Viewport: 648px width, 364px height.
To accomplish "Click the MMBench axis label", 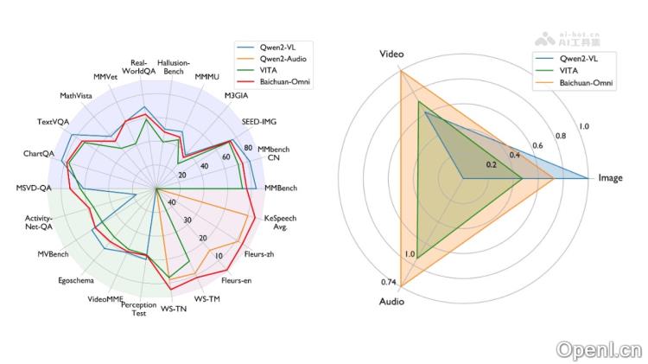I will (281, 188).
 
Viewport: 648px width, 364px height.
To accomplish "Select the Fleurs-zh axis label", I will (258, 255).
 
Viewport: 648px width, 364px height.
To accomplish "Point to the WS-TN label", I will (174, 308).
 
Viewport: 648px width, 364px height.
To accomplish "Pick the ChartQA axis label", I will (40, 154).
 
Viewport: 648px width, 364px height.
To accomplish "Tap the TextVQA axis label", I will (54, 121).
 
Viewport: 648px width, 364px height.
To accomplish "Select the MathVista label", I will (78, 95).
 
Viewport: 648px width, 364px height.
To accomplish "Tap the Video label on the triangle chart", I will (391, 54).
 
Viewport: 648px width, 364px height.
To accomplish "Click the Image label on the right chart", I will (610, 178).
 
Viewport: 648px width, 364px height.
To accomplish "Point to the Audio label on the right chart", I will (391, 302).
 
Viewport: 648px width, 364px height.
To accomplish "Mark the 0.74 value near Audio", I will (388, 283).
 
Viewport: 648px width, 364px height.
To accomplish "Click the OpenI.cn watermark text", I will (600, 350).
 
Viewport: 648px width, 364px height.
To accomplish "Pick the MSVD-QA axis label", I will (35, 188).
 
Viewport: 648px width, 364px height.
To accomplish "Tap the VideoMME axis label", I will (105, 299).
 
